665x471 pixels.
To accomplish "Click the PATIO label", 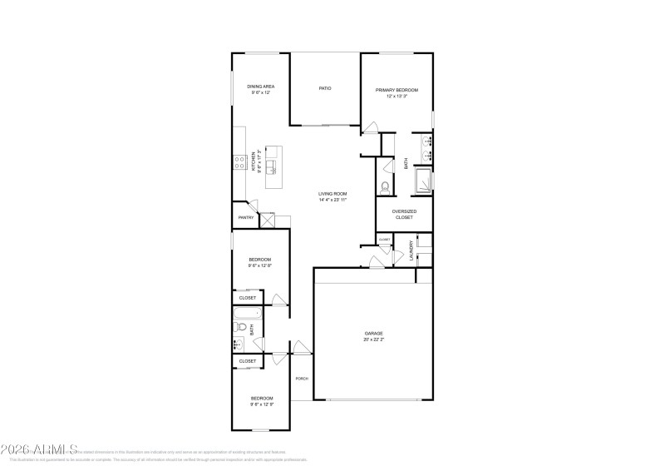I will click(x=325, y=87).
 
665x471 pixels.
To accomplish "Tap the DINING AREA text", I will click(x=261, y=87).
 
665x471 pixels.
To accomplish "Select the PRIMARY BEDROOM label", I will click(x=397, y=90).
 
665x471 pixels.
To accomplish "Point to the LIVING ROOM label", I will click(x=332, y=194).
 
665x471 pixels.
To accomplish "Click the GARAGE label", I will click(x=373, y=333).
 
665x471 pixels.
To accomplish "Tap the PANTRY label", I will click(x=245, y=218).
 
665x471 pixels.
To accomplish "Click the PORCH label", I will click(x=302, y=379).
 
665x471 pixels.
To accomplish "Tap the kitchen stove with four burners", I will click(x=238, y=161).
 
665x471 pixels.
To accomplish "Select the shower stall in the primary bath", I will click(x=423, y=180).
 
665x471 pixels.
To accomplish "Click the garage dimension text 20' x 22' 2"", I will click(x=373, y=340).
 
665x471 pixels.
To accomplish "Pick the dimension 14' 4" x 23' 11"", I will click(x=332, y=201).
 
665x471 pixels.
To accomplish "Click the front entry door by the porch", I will click(x=297, y=347).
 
